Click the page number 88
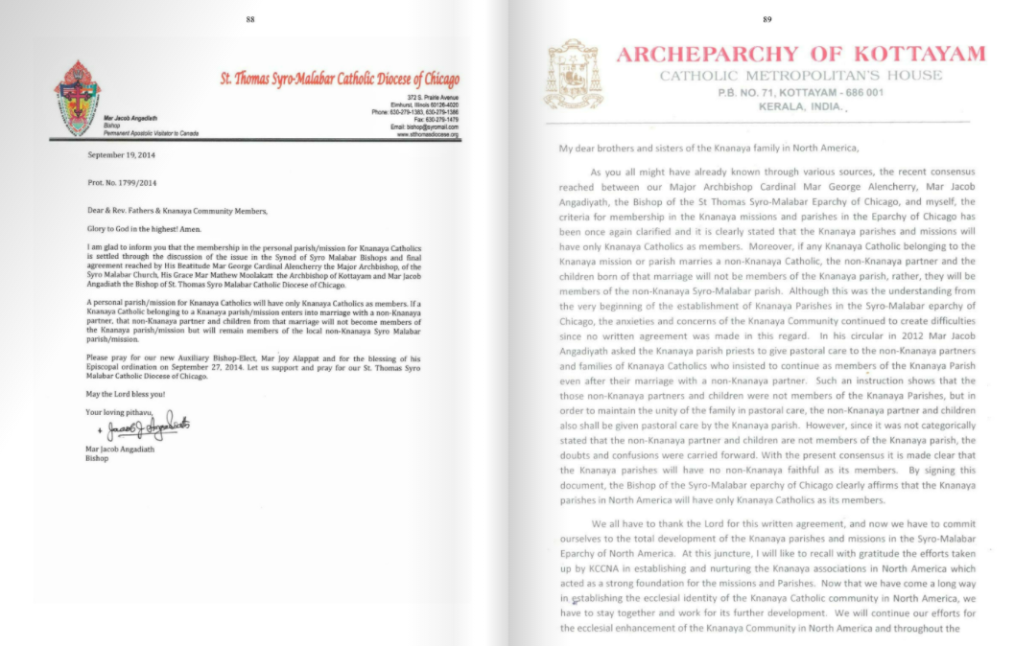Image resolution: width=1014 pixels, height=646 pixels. coord(250,19)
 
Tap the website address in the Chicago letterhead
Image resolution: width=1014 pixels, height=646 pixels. coord(428,135)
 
